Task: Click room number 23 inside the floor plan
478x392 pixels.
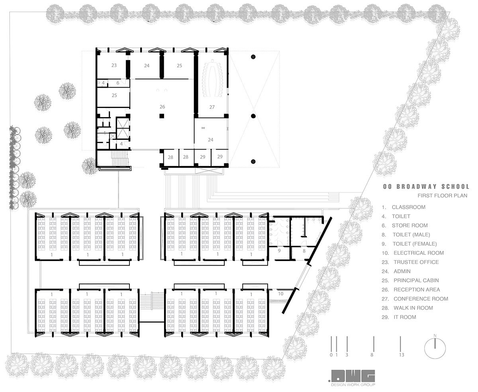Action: pos(114,65)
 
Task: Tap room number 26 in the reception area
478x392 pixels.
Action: pos(162,106)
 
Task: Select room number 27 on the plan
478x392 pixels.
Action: pos(212,107)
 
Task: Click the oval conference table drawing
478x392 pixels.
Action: pos(212,78)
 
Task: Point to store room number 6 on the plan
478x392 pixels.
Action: pos(118,83)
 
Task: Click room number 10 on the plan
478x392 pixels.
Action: pos(280,294)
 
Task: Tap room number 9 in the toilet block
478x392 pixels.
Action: pos(279,251)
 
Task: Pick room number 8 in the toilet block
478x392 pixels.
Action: pos(304,251)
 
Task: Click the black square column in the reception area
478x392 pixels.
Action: pos(162,116)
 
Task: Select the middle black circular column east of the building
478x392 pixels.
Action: pos(253,116)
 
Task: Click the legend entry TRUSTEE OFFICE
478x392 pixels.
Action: pos(416,262)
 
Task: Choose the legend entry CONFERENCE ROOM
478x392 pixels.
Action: pos(421,299)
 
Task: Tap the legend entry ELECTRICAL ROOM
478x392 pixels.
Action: pos(419,253)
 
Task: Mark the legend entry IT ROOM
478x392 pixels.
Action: pos(405,317)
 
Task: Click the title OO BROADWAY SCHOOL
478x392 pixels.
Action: pos(426,186)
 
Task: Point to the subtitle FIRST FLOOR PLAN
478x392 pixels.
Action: pos(443,196)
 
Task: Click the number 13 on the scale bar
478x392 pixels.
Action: pos(402,355)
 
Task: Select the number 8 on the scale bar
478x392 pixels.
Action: pos(372,355)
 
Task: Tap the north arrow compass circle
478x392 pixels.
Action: pos(435,349)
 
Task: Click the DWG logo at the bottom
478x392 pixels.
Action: pos(353,376)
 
